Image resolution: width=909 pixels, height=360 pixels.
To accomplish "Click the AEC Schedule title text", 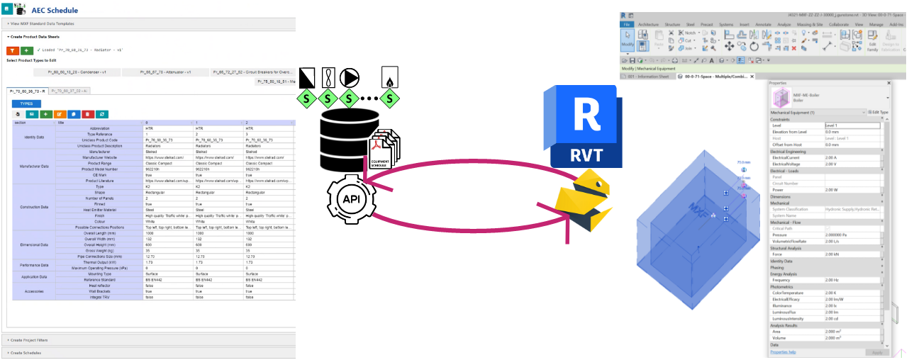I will coord(55,11).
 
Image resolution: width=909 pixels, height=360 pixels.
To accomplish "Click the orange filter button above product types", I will coord(12,50).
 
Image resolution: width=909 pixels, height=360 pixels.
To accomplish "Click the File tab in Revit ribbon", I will coord(627,24).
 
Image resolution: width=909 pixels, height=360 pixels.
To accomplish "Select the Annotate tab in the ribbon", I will coord(763,24).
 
